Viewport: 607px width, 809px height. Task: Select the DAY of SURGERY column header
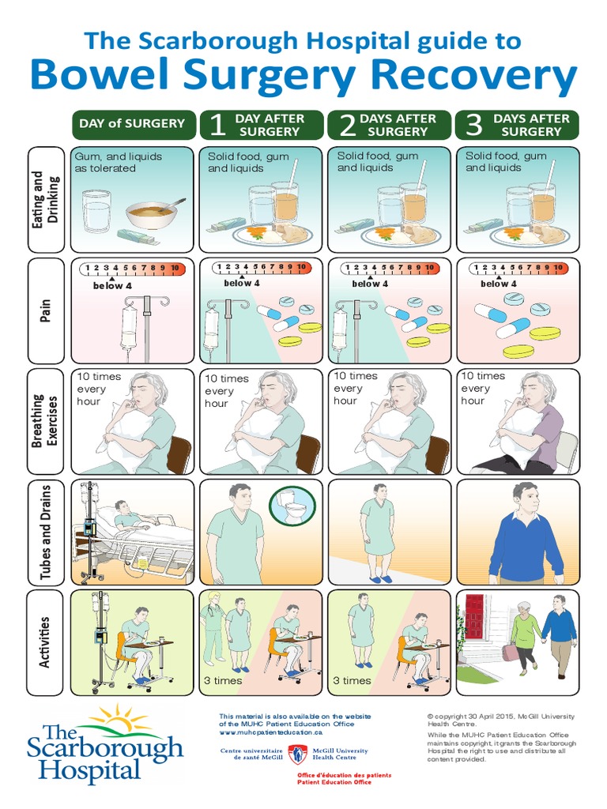[x=131, y=123]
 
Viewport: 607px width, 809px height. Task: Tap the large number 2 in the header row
[x=345, y=125]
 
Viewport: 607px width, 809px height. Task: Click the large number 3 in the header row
[x=473, y=125]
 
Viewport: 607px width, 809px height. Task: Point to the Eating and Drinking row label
[x=46, y=198]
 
